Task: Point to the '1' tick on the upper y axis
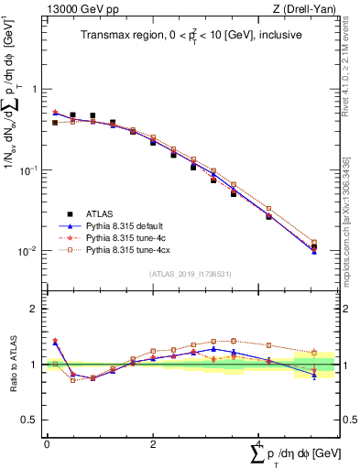tap(35, 90)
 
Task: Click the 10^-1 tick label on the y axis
tap(30, 171)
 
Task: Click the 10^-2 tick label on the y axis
tap(30, 252)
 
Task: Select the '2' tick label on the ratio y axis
tap(35, 309)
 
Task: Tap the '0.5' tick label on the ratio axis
tap(31, 420)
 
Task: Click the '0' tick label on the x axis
tap(47, 442)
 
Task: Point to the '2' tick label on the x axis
tap(153, 442)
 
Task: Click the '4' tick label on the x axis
tap(259, 442)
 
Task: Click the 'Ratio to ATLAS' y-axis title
tap(13, 364)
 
